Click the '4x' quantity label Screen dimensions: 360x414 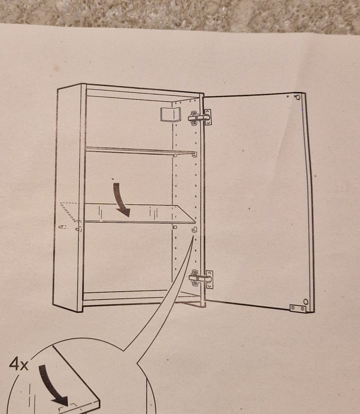(18, 364)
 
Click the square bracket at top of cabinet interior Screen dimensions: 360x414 (170, 115)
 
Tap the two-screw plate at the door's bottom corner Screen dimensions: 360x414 (298, 308)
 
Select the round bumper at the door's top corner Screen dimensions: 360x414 (298, 97)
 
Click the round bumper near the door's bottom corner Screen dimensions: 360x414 (306, 301)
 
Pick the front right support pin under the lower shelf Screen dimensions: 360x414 (194, 229)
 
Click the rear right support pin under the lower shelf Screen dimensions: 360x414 (175, 227)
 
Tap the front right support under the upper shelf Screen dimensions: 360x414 (195, 154)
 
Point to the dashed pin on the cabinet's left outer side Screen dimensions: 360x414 (63, 226)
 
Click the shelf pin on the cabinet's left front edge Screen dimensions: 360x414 (78, 229)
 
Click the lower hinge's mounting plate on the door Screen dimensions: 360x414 (210, 279)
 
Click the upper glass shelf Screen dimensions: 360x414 (141, 150)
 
